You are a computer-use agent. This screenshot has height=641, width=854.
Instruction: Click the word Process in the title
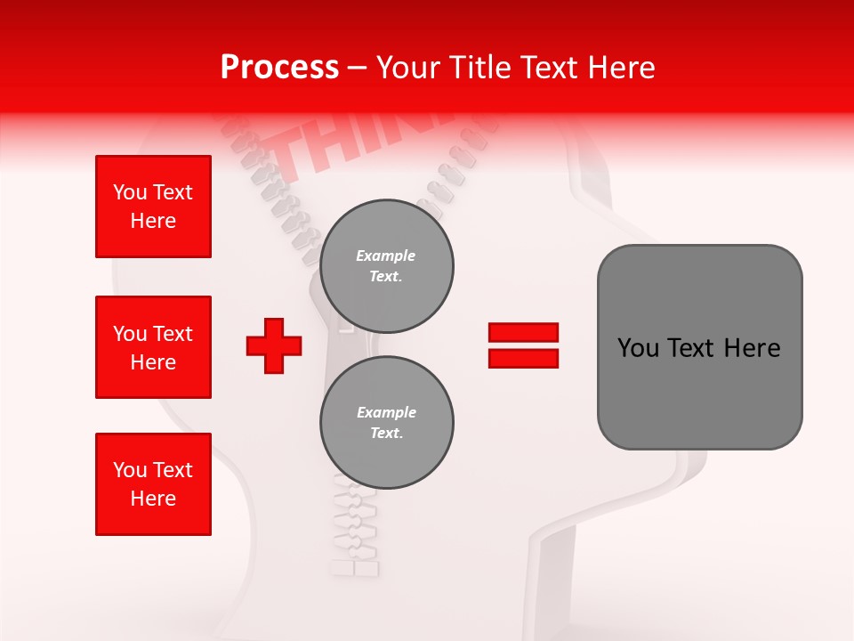[x=279, y=68]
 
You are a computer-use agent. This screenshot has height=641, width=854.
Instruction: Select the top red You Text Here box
[x=153, y=207]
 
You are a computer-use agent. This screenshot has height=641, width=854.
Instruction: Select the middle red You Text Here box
[x=153, y=347]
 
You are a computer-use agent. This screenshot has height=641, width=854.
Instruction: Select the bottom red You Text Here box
[x=153, y=484]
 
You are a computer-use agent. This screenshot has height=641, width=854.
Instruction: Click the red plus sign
[x=274, y=345]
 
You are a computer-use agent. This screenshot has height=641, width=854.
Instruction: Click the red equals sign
[x=523, y=345]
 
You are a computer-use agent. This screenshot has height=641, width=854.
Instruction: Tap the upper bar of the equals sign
[x=523, y=333]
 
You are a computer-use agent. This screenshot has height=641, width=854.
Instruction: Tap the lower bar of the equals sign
[x=523, y=359]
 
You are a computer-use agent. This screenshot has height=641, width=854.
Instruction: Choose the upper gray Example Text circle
[x=386, y=265]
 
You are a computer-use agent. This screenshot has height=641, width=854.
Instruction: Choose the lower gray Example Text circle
[x=386, y=422]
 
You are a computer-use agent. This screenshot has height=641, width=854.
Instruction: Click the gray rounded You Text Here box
[x=699, y=347]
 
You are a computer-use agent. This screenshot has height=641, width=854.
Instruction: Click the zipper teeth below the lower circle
[x=356, y=530]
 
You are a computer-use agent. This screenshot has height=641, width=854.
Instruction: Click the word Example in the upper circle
[x=386, y=256]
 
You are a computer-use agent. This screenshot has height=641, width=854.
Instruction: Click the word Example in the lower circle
[x=386, y=412]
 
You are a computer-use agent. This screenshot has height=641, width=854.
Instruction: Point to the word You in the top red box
[x=128, y=192]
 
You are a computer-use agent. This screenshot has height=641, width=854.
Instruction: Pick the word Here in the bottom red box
[x=153, y=499]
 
